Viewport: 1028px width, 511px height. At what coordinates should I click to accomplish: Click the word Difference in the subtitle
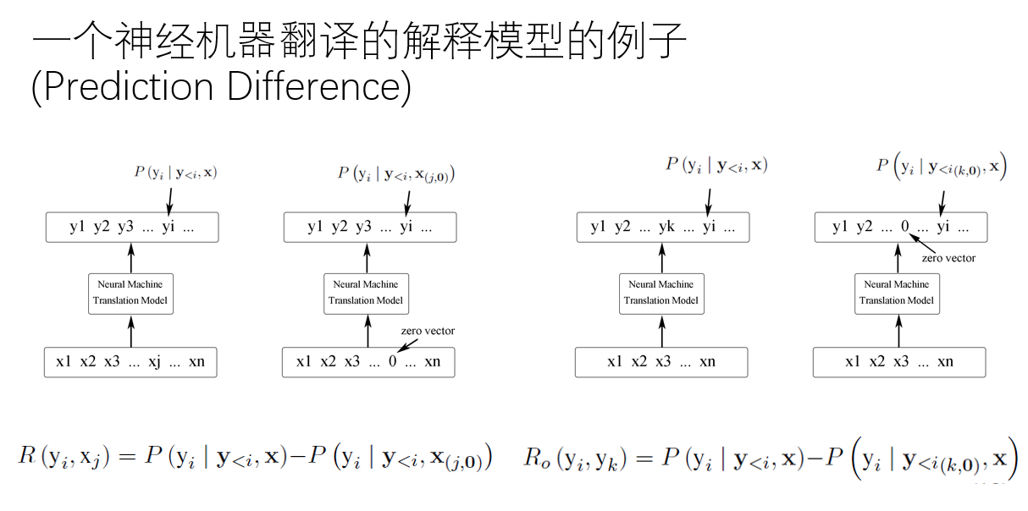click(309, 88)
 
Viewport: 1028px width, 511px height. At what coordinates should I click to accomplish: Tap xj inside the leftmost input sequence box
click(154, 362)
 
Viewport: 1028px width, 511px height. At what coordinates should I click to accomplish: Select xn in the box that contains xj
click(196, 362)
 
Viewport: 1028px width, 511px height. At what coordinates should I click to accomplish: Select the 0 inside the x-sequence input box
click(392, 362)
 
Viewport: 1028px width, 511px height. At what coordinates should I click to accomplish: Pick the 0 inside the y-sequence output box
click(904, 227)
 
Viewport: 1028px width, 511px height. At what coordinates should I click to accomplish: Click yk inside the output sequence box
click(666, 227)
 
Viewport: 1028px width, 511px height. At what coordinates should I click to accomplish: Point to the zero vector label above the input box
click(428, 331)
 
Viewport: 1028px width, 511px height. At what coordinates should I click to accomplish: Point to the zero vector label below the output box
click(948, 258)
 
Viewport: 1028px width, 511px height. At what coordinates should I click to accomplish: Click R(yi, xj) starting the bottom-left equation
click(64, 457)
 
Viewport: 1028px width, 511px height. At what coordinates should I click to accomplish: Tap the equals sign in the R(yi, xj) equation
click(126, 457)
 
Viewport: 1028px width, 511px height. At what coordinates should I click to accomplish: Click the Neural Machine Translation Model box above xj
click(130, 293)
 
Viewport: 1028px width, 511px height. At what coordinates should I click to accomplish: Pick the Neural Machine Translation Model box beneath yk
click(661, 293)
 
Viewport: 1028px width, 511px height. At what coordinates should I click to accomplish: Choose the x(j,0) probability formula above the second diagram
click(396, 174)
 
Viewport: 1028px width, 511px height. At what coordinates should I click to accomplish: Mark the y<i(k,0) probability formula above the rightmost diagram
click(940, 167)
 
